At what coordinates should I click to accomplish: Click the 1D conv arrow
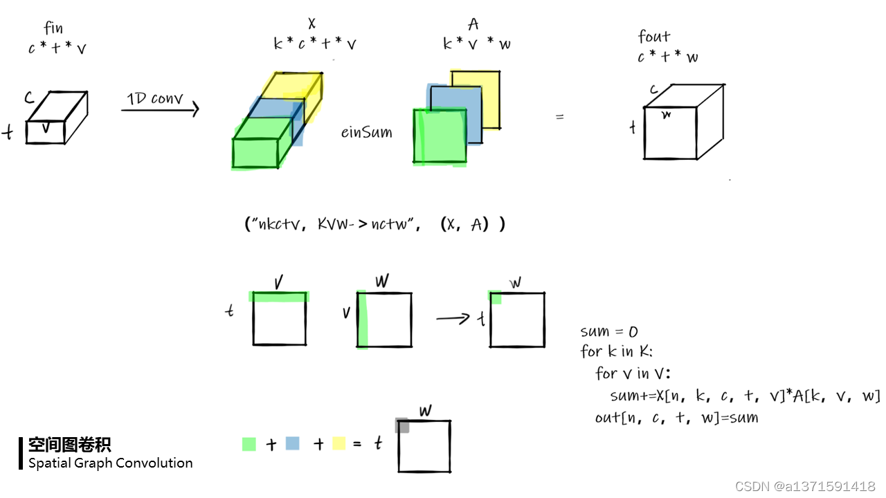[x=161, y=109]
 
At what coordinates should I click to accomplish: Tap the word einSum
[x=366, y=132]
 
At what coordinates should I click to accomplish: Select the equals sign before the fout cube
[x=559, y=118]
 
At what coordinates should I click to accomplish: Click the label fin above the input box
[x=53, y=29]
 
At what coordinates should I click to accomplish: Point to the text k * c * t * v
[x=315, y=44]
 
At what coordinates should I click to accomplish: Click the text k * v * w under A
[x=477, y=44]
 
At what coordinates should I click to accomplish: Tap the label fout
[x=654, y=37]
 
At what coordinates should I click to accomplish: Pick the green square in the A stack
[x=440, y=137]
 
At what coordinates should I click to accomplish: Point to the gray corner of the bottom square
[x=402, y=425]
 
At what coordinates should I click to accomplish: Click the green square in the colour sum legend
[x=249, y=444]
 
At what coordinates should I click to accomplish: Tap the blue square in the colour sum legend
[x=292, y=443]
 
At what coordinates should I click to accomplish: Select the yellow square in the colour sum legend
[x=338, y=443]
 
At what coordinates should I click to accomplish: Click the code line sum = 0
[x=609, y=332]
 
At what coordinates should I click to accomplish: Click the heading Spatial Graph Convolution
[x=111, y=463]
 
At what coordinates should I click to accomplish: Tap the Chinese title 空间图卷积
[x=69, y=445]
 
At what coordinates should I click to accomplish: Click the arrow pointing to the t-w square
[x=454, y=318]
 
